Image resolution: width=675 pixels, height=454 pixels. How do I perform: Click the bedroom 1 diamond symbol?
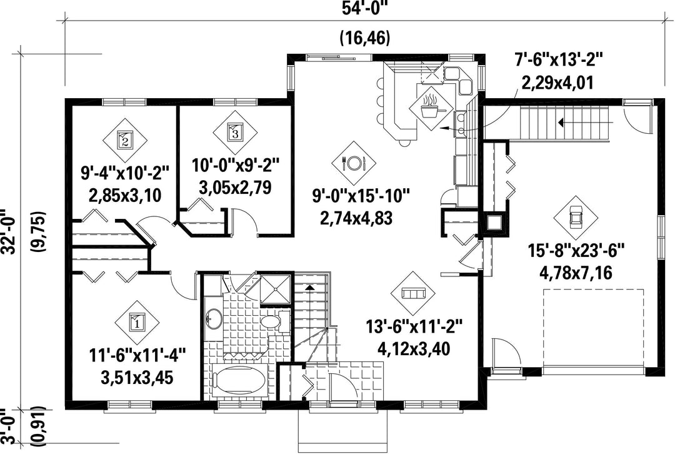[x=137, y=322]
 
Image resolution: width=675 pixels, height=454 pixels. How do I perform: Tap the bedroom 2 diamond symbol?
[x=125, y=139]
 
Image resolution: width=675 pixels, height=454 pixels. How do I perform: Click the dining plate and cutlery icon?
[x=353, y=163]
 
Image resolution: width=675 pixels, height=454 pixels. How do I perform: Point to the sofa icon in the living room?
[x=413, y=293]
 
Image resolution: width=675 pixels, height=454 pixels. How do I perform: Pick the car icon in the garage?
[x=575, y=218]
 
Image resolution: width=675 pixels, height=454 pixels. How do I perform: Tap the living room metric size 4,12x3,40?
[x=413, y=348]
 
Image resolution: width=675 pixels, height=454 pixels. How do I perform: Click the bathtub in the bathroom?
[x=235, y=381]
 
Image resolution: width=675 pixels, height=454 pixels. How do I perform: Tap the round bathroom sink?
[x=214, y=319]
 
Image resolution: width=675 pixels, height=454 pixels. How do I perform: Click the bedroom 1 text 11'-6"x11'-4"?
[x=137, y=356]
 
